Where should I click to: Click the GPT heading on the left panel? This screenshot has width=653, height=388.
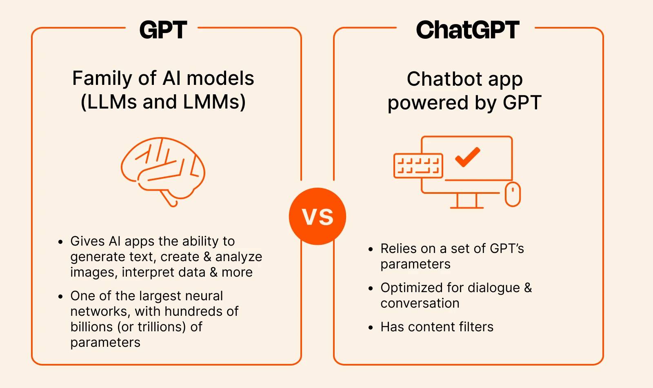point(163,30)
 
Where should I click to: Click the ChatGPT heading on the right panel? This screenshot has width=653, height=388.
point(467,30)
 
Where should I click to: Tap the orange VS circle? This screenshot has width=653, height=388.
point(318,216)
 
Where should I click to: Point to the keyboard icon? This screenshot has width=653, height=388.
point(418,166)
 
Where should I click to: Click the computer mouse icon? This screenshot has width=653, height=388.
point(513,194)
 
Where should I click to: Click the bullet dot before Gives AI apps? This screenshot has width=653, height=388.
point(60,242)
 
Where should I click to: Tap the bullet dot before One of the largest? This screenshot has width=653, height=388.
point(60,297)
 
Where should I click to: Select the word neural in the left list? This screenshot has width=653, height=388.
point(204,296)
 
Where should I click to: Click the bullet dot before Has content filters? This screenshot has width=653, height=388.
point(371,328)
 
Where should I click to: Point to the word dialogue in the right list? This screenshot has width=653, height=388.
point(493,288)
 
